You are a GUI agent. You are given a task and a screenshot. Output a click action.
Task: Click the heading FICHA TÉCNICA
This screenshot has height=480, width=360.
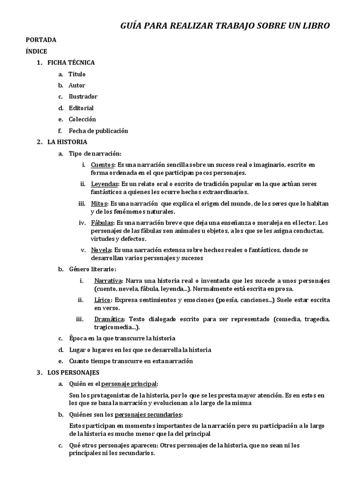(71, 62)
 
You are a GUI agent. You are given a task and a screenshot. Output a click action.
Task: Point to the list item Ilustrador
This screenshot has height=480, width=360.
(83, 97)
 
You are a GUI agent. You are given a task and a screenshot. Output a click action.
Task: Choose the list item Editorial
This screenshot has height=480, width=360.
(81, 108)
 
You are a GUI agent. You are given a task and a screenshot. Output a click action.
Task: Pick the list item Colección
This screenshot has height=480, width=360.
(82, 119)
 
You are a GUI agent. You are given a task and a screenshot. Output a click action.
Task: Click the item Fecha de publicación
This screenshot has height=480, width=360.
(98, 131)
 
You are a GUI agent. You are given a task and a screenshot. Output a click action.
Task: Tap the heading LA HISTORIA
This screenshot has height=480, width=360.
(67, 142)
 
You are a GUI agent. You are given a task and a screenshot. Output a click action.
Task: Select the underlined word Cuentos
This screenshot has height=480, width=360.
(103, 165)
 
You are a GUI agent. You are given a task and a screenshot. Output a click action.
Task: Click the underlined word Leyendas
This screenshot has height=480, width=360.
(104, 184)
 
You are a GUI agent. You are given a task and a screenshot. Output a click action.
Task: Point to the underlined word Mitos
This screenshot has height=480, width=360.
(99, 203)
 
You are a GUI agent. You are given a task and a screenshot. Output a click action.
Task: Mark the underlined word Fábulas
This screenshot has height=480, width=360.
(102, 223)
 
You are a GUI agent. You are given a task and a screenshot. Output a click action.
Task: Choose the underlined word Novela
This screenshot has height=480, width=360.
(101, 250)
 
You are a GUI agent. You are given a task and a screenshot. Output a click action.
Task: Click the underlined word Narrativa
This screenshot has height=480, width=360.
(108, 280)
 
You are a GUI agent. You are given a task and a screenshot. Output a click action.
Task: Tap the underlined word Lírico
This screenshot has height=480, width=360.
(103, 300)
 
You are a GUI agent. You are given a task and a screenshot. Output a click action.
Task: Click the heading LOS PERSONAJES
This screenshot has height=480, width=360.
(73, 373)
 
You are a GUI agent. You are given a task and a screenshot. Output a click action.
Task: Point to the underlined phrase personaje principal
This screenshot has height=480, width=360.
(130, 384)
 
